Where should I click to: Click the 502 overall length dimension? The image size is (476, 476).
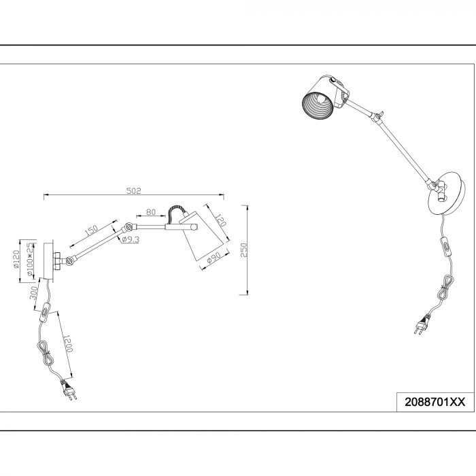point(134,191)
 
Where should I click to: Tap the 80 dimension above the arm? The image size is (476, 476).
point(151,212)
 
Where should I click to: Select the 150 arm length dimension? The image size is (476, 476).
point(91,231)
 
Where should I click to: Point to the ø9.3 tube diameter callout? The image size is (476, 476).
point(131,240)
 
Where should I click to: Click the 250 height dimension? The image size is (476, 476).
point(244,250)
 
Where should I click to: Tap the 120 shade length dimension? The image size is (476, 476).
point(221,220)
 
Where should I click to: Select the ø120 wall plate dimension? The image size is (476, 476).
point(16,259)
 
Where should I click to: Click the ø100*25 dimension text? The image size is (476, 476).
point(30,259)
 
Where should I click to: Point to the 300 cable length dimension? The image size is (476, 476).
point(34,293)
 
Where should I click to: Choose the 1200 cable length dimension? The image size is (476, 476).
point(68,343)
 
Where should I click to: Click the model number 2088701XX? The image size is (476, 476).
point(435,402)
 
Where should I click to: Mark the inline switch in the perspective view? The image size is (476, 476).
point(447,245)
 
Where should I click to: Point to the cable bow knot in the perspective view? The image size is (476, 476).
point(446,288)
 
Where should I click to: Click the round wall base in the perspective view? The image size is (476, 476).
point(446,194)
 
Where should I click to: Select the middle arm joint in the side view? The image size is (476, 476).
point(127,226)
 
